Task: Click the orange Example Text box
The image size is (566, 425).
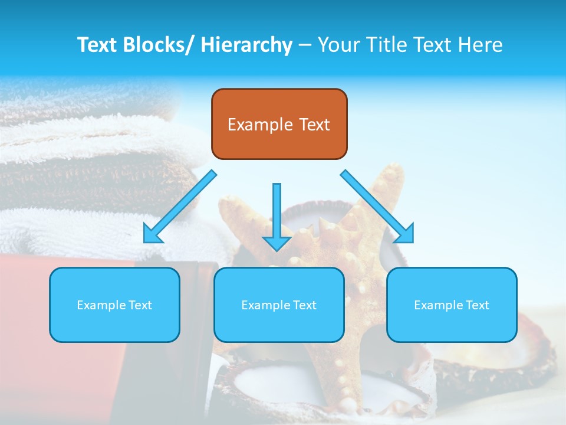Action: [279, 124]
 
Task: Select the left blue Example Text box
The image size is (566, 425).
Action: [114, 305]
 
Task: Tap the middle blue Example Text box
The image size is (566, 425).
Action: [279, 305]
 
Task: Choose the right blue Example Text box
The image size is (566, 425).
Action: [452, 305]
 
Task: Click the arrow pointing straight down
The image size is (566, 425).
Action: [277, 215]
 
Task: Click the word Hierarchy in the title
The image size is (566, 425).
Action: [246, 45]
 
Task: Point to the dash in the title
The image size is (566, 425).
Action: [305, 45]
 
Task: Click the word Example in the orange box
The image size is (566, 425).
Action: [260, 125]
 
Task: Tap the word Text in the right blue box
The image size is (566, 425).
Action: [477, 305]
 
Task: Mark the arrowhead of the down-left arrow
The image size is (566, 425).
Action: [152, 234]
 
